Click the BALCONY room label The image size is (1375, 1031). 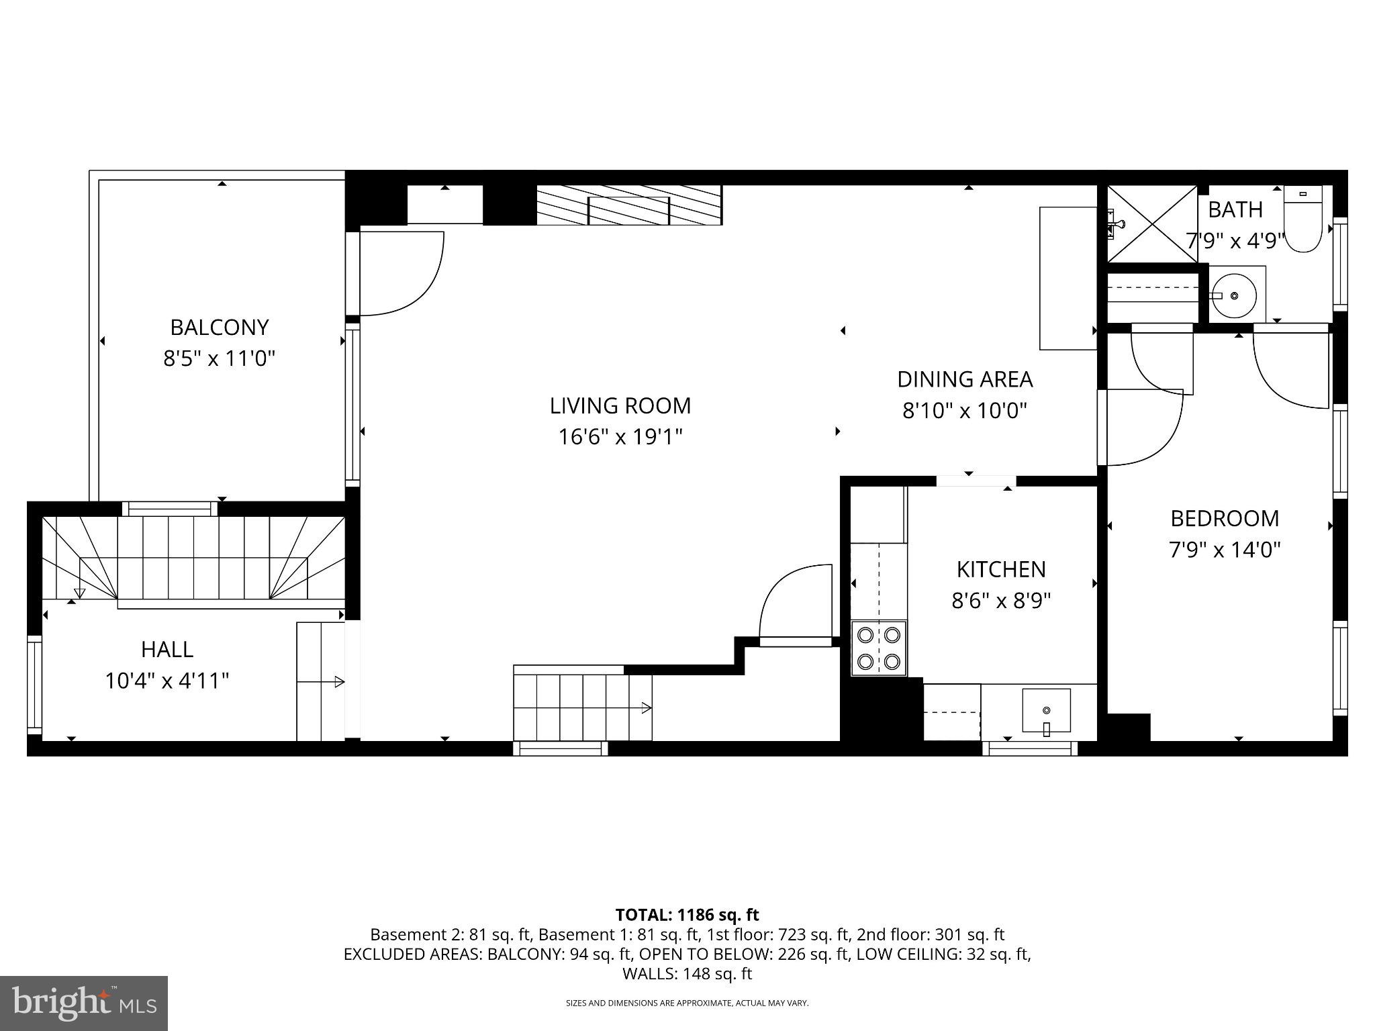tap(219, 328)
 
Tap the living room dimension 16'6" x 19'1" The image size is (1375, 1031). tap(620, 438)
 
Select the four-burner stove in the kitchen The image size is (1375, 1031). tap(879, 648)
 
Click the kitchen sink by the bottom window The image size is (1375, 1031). tap(1045, 710)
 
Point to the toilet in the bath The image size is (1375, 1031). tap(1302, 219)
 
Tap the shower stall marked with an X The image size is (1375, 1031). tap(1151, 224)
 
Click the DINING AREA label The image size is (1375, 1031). tap(964, 380)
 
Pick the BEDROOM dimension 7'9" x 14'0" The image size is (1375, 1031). tap(1224, 550)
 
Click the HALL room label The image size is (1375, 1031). tap(167, 650)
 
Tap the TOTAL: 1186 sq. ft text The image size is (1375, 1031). tap(687, 915)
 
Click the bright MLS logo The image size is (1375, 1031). tap(84, 1003)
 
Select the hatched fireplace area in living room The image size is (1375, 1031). tap(628, 205)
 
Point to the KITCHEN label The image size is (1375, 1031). tap(1000, 570)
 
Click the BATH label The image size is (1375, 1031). tap(1235, 210)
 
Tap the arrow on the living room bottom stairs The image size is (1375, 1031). tap(645, 707)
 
